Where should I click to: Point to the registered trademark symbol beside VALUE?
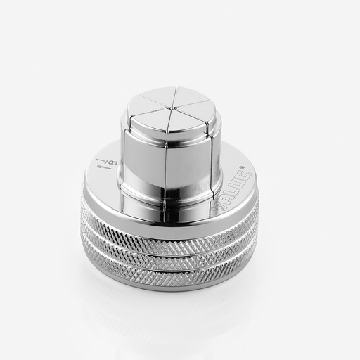(251, 167)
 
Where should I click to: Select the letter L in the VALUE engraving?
(233, 182)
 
